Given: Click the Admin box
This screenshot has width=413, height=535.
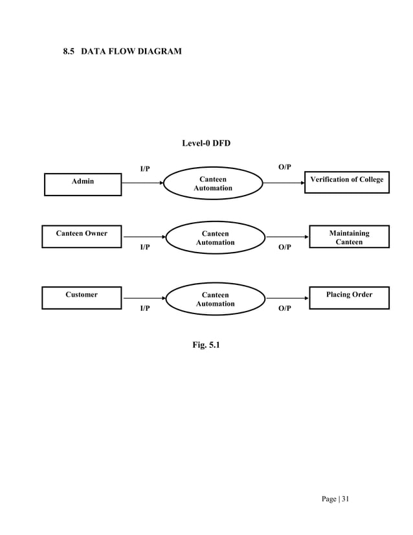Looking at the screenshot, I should click(x=83, y=184).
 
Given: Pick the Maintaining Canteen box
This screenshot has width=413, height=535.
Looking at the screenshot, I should click(x=349, y=237).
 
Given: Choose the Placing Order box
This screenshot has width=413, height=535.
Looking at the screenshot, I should click(x=349, y=298).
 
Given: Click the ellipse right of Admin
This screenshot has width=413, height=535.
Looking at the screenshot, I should click(x=213, y=183).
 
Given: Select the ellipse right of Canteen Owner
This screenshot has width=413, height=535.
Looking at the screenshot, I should click(x=216, y=238).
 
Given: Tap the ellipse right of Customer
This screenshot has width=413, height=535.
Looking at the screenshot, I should click(x=216, y=299).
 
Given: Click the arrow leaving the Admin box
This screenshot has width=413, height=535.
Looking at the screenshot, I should click(x=142, y=183).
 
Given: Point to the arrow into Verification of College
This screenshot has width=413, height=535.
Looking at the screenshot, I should click(x=284, y=183).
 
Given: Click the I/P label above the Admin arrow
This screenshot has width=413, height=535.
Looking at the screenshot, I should click(x=145, y=170).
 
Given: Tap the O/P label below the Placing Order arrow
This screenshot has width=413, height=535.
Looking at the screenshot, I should click(x=284, y=309).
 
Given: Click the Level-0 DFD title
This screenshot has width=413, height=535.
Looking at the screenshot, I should click(x=206, y=143).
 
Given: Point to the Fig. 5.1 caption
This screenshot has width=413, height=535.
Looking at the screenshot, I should click(x=206, y=345).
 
